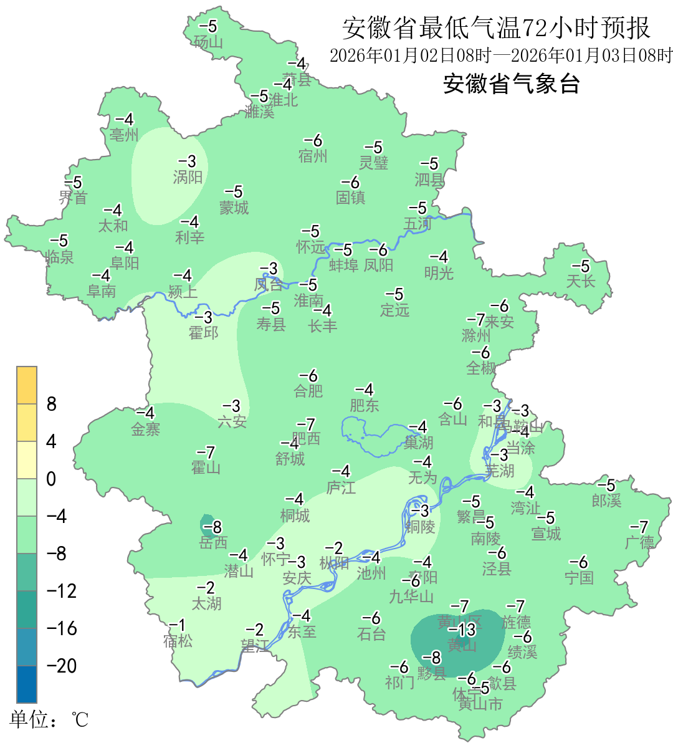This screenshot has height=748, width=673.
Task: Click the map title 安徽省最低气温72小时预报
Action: pos(496,28)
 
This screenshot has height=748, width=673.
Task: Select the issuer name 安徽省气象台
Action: pos(512,84)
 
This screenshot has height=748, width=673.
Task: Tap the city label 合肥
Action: pos(308,391)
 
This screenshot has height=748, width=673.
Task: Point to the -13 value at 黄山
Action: pos(462,630)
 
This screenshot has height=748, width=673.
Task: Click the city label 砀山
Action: pos(208,42)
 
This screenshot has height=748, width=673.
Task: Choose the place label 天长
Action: pos(581,281)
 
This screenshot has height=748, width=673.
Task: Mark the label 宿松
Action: pos(178,641)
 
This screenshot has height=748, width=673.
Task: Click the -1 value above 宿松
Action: pos(178,625)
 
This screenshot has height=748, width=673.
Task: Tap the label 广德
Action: pos(640,542)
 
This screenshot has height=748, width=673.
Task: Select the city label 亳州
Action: pos(124,135)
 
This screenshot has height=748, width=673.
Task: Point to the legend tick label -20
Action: pos(62,666)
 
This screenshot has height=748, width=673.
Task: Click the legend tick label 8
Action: pos(52,405)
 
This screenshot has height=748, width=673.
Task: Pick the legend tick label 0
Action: pos(51,479)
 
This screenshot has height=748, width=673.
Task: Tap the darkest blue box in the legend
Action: pos(27,684)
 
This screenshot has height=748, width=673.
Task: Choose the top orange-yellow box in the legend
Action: pos(27,385)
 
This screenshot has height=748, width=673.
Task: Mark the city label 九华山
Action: pos(411,597)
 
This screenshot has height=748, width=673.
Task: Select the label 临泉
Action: pos(60,256)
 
